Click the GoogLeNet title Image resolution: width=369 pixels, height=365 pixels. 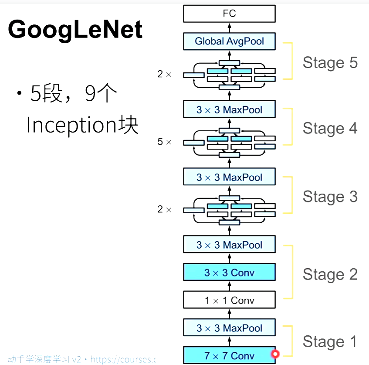coord(75,30)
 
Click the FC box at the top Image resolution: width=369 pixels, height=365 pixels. coord(229,14)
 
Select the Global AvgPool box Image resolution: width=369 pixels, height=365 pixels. coord(229,41)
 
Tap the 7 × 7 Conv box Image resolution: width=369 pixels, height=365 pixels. coord(229,355)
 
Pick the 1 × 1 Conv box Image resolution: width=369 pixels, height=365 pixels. coord(229,300)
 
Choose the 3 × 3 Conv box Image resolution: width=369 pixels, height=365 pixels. coord(229,273)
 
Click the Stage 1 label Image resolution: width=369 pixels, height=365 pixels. coord(330,342)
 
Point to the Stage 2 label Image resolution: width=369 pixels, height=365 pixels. coord(330,274)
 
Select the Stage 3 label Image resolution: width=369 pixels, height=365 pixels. coord(330,197)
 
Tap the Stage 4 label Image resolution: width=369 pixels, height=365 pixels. coord(330,128)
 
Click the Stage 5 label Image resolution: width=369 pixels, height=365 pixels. coord(330,63)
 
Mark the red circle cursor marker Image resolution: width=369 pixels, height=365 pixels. coord(275,354)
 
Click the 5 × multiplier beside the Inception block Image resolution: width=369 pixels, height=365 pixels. coord(165,142)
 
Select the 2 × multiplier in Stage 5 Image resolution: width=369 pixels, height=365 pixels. coord(165,75)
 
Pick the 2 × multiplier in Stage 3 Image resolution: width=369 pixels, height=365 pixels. coord(165,210)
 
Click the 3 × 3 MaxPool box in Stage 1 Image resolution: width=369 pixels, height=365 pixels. coord(229,328)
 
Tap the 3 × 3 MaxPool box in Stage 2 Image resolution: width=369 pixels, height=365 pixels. coord(229,245)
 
